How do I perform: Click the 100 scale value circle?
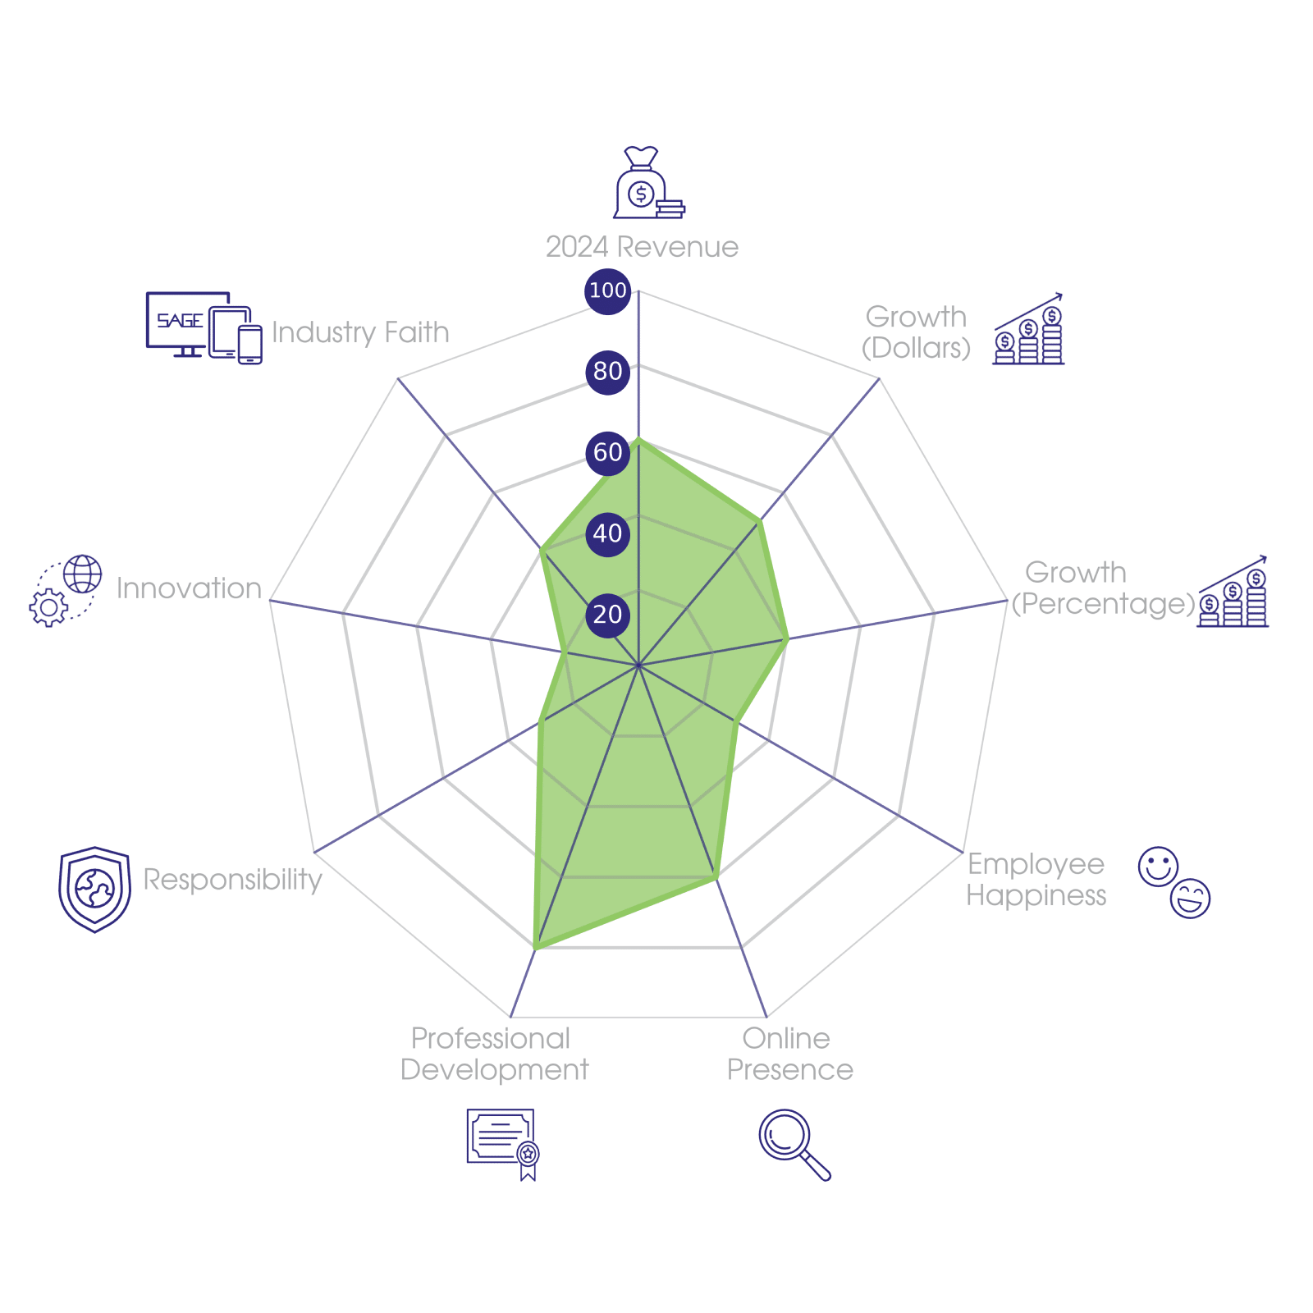[x=607, y=291]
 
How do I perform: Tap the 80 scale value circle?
[x=607, y=371]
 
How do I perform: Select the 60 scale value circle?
[x=607, y=452]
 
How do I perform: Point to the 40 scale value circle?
[x=607, y=533]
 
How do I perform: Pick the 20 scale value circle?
[x=607, y=614]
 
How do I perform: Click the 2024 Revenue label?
[x=642, y=247]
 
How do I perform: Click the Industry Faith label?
[x=360, y=332]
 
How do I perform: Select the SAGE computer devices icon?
[x=204, y=327]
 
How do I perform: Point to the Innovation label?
[x=189, y=588]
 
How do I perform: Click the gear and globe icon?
[x=66, y=591]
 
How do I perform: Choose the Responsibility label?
[x=233, y=880]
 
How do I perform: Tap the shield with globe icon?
[x=94, y=890]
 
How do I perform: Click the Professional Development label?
[x=493, y=1055]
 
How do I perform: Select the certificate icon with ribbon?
[x=502, y=1144]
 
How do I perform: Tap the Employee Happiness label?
[x=1036, y=880]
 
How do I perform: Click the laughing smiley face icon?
[x=1191, y=898]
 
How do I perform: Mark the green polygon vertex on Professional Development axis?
[x=534, y=949]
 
